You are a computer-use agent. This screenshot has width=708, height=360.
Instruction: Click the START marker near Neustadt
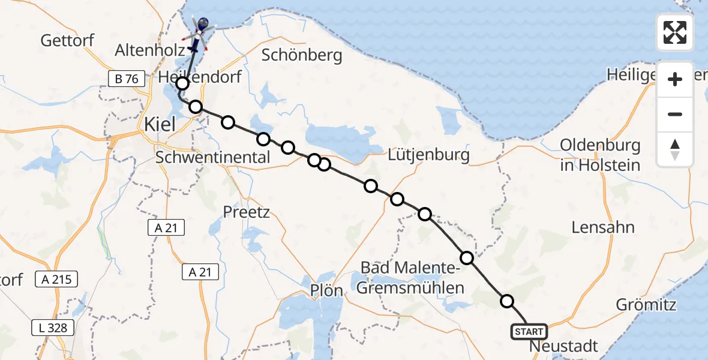point(529,332)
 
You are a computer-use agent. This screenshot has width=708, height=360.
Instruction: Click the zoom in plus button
point(675,79)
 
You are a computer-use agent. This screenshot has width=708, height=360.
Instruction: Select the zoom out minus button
point(675,114)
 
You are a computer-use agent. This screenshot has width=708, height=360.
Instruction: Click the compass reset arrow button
point(675,149)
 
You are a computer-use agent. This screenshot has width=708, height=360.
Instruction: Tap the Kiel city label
point(160,124)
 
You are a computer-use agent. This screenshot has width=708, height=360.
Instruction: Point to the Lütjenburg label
point(429,155)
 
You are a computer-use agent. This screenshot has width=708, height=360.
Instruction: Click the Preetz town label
point(246,212)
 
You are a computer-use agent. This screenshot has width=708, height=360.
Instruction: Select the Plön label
point(326,291)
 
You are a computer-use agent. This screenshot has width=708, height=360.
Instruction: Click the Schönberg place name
point(302,56)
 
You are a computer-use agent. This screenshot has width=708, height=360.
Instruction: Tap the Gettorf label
point(68,41)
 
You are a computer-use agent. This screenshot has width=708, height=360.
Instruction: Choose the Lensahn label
point(603,227)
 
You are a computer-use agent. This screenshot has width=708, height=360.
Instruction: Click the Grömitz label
point(646,305)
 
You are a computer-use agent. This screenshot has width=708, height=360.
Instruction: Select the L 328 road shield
point(53,328)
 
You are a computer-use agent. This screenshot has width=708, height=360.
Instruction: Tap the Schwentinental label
point(213,158)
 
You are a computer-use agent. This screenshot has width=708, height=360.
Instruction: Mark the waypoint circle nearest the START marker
point(507,301)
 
